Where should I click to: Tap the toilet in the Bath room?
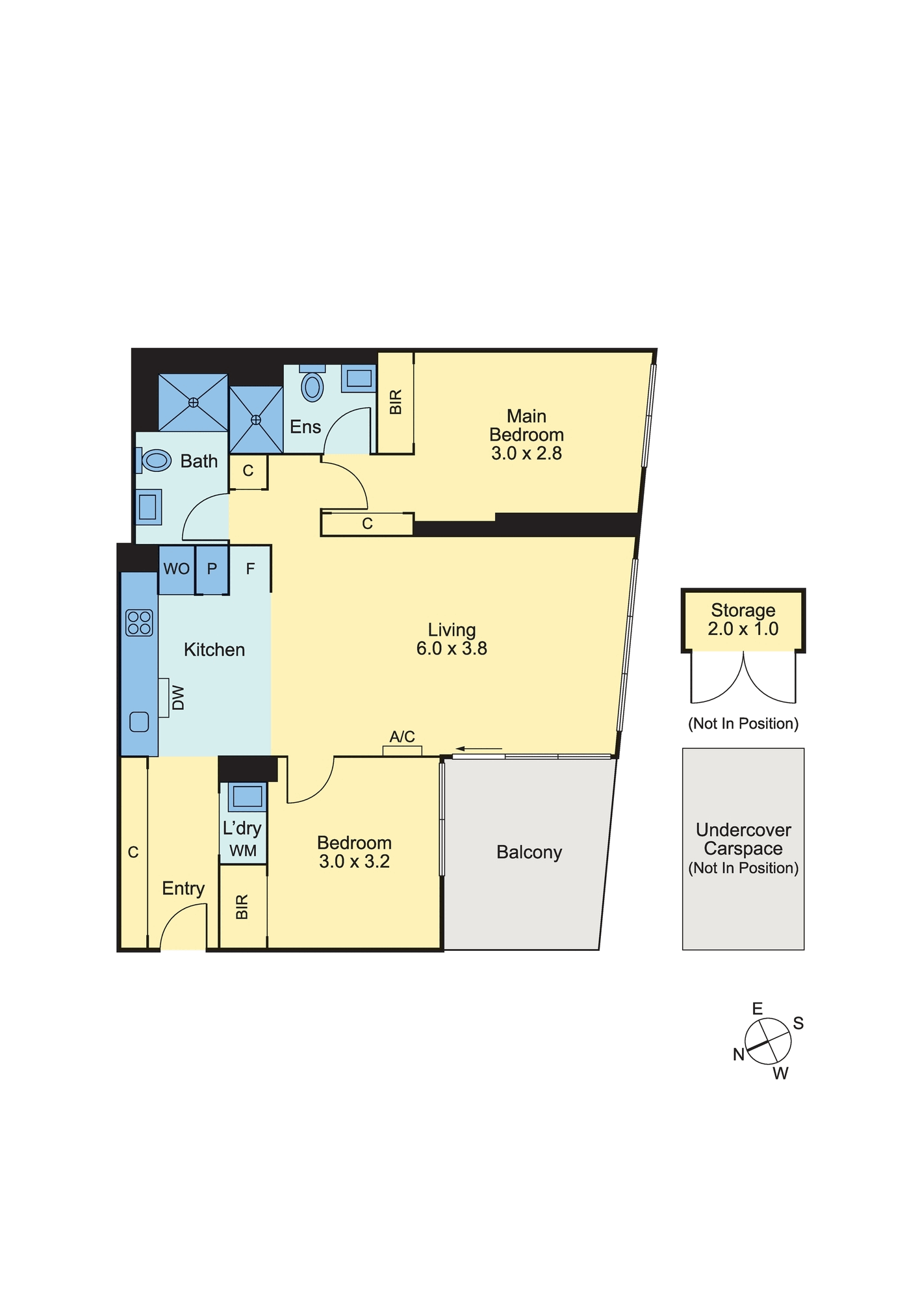click(156, 461)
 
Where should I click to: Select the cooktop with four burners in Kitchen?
click(139, 622)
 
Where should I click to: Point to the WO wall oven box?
click(176, 569)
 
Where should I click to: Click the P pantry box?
click(212, 569)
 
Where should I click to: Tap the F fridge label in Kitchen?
click(251, 569)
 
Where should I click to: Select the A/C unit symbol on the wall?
click(402, 751)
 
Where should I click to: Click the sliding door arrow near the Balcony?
click(479, 749)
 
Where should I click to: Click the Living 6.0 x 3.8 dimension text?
click(452, 649)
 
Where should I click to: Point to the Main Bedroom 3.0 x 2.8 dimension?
click(526, 454)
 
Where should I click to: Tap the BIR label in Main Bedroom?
click(396, 402)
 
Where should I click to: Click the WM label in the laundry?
click(243, 851)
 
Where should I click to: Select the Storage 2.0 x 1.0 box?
click(743, 619)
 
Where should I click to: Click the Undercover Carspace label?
click(743, 840)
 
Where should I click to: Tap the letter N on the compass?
click(739, 1054)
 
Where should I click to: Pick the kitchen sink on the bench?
click(139, 722)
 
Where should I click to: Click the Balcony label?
click(529, 852)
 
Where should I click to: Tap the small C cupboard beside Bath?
click(248, 471)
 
